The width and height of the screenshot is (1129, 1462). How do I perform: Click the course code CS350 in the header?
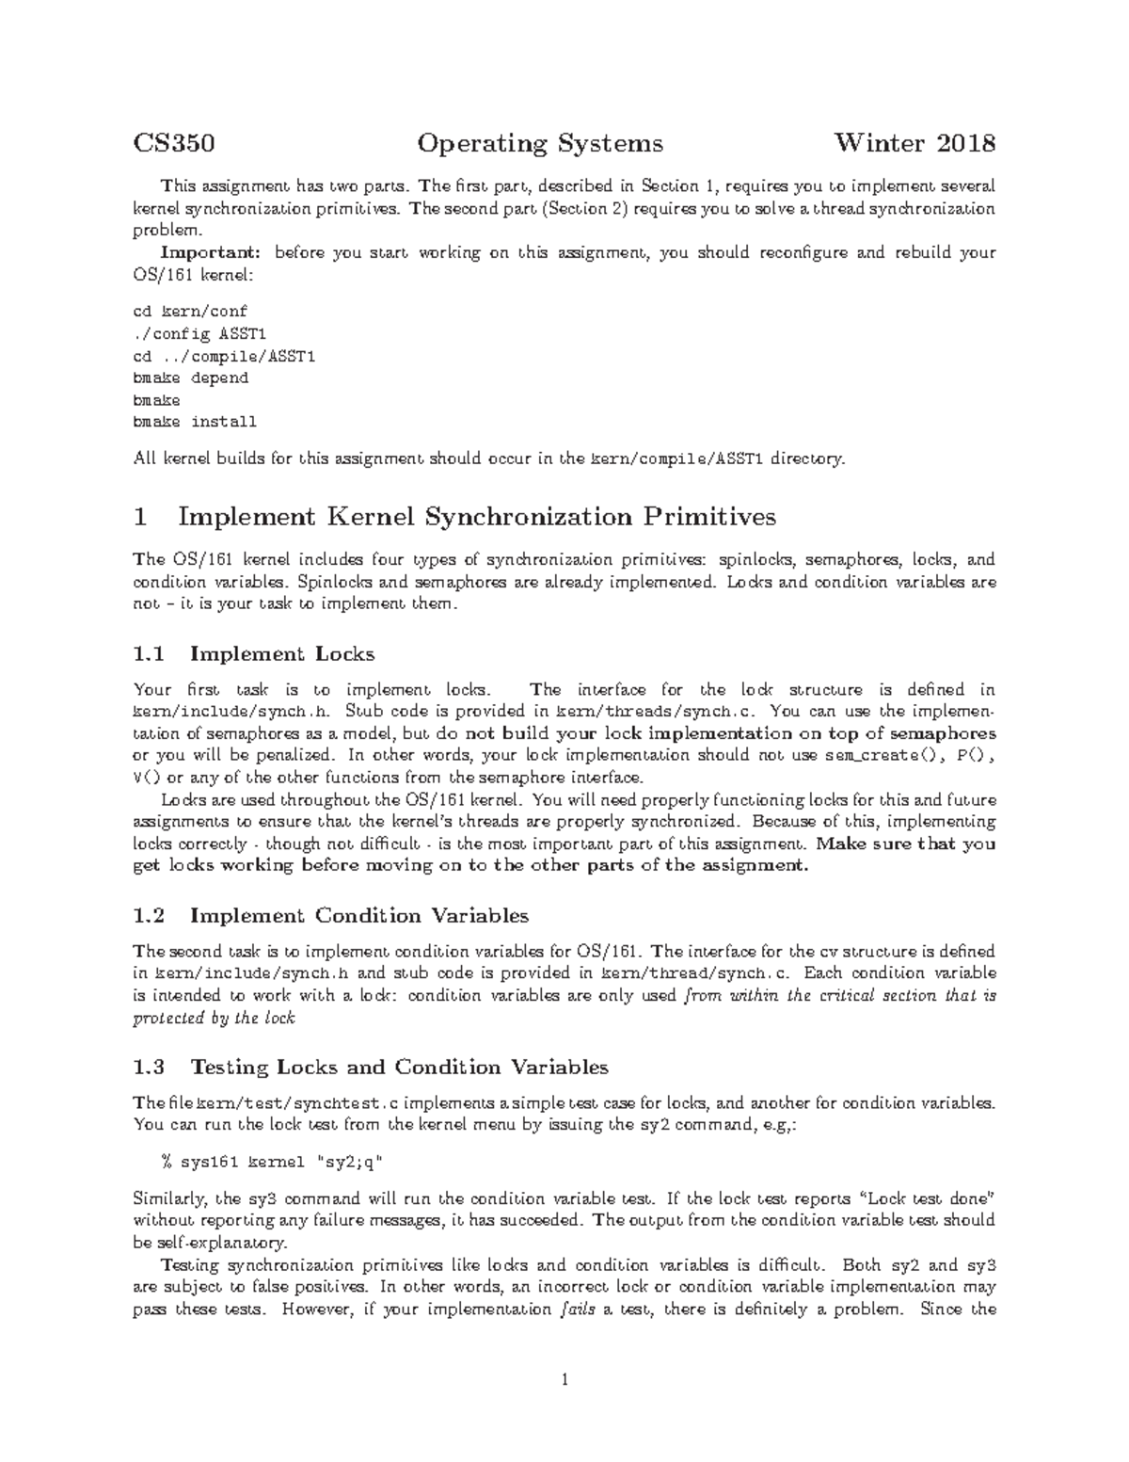[x=174, y=143]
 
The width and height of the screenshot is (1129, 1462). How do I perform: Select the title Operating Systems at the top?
[x=540, y=143]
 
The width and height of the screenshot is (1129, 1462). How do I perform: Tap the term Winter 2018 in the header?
[x=914, y=143]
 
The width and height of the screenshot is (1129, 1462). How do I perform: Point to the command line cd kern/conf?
[x=191, y=311]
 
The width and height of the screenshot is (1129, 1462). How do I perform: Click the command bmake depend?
[x=191, y=378]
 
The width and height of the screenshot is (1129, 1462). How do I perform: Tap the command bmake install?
[x=195, y=422]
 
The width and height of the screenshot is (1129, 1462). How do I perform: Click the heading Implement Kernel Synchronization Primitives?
[x=477, y=517]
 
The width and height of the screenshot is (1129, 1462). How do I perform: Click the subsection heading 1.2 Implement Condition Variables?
[x=331, y=915]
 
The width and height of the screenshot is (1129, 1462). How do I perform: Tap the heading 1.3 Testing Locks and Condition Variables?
[x=372, y=1067]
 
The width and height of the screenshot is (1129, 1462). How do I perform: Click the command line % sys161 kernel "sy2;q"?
[x=272, y=1162]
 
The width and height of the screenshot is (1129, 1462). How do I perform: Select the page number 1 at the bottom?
[x=564, y=1381]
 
